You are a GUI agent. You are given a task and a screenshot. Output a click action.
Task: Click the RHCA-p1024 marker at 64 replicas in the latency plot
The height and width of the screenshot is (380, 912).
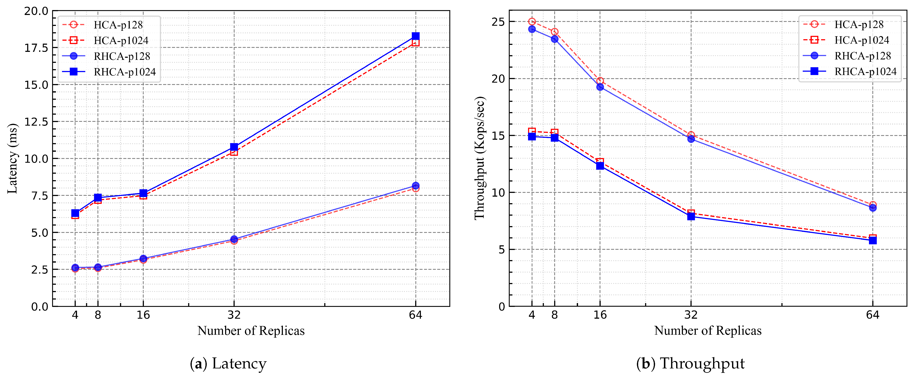pos(416,36)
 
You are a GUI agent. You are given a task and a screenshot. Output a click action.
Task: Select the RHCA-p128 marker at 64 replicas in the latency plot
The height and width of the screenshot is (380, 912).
pos(416,186)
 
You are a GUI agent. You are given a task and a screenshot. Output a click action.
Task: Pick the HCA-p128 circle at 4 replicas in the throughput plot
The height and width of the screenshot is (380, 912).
pos(532,21)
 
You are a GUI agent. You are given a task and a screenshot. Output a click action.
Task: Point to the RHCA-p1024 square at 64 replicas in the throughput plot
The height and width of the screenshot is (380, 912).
pos(873,240)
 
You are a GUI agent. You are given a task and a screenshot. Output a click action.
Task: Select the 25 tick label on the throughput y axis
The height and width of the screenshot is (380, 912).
pos(498,21)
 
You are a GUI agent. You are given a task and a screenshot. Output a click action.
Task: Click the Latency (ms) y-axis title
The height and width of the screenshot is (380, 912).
pos(12,158)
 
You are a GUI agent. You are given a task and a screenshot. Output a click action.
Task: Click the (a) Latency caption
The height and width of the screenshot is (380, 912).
pos(228,364)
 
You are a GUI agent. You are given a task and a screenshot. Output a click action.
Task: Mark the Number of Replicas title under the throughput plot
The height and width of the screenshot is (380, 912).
pos(708,330)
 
